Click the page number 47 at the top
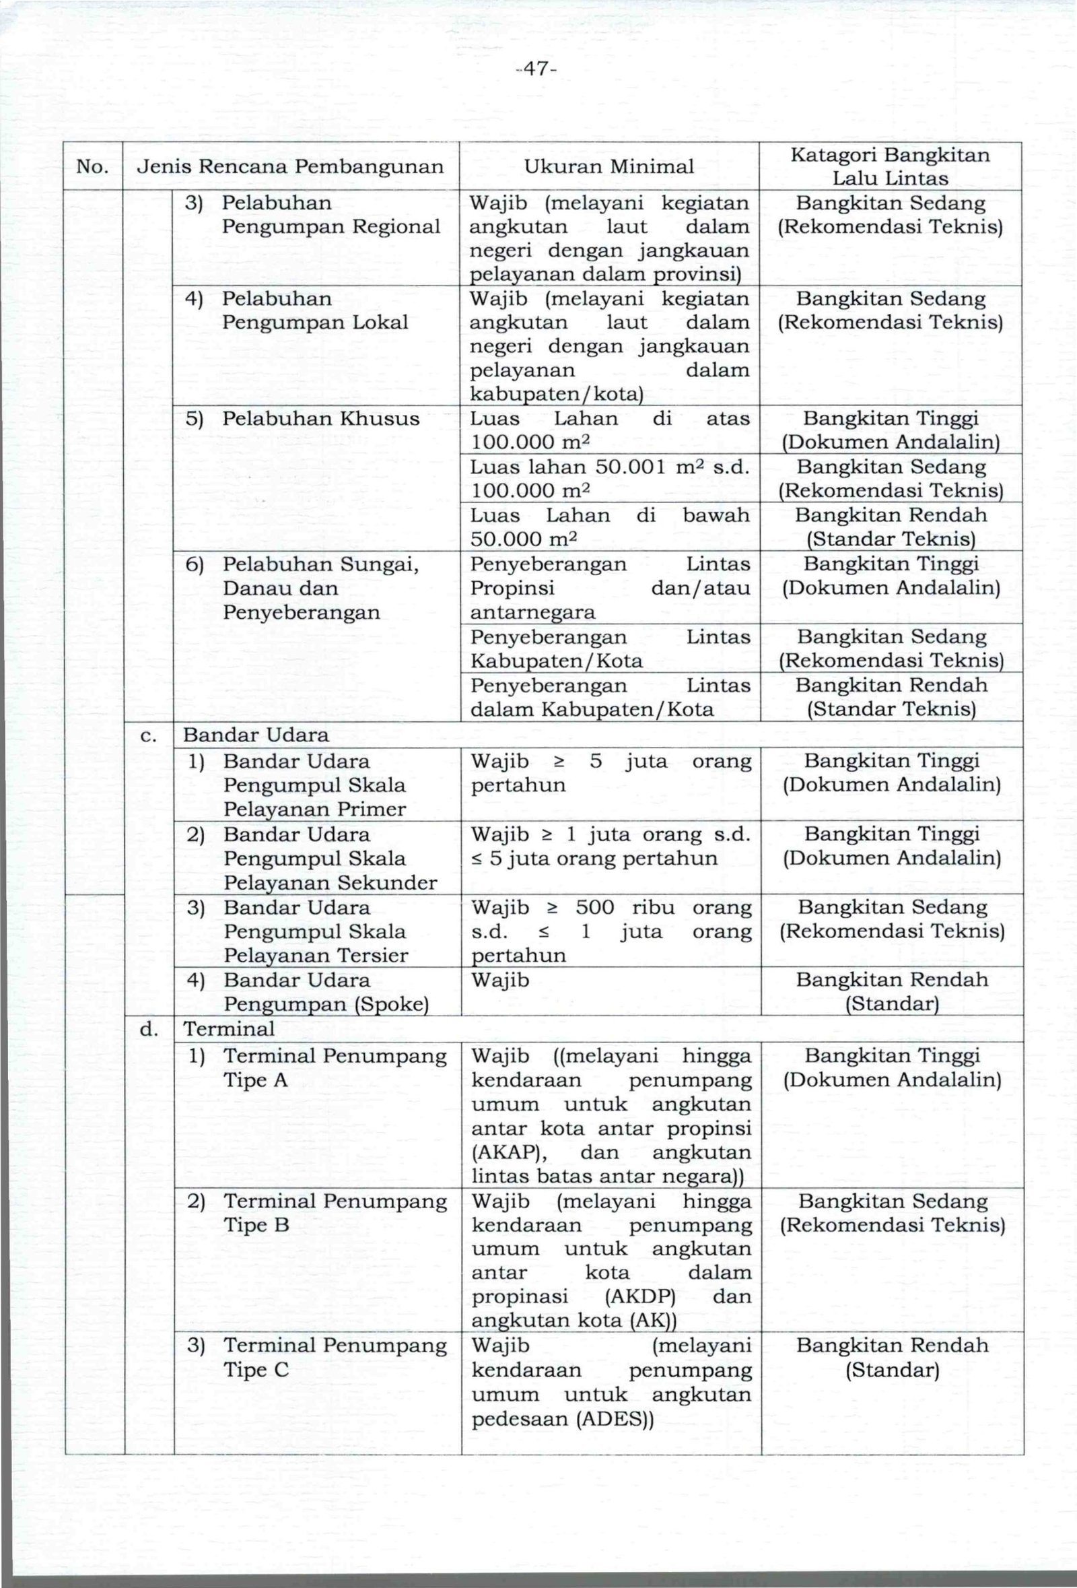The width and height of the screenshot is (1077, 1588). click(538, 69)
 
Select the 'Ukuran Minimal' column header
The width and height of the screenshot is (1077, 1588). click(609, 167)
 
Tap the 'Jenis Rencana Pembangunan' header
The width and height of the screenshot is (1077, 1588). click(290, 167)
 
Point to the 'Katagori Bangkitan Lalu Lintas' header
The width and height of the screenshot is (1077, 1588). click(890, 167)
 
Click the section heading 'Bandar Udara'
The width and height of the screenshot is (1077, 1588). click(256, 735)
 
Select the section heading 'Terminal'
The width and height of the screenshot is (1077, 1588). click(229, 1029)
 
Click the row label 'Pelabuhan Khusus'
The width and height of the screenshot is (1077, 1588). click(321, 418)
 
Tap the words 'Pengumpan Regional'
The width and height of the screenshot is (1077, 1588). click(331, 227)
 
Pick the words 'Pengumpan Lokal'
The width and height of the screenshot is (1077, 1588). click(315, 323)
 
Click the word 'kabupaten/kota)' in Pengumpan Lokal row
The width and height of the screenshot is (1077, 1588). click(557, 394)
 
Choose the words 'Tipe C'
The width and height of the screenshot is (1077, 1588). click(256, 1370)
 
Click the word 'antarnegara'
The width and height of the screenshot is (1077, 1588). click(532, 612)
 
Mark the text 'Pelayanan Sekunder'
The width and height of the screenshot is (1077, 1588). click(330, 883)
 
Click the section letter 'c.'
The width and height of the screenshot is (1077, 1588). click(149, 735)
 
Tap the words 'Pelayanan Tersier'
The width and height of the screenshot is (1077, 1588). click(316, 955)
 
